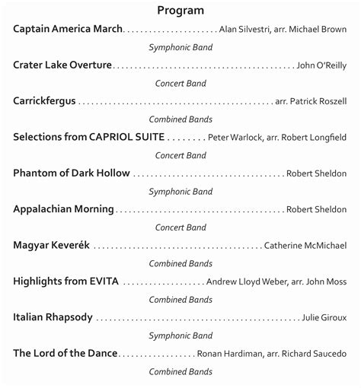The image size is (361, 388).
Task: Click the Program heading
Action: [x=180, y=10]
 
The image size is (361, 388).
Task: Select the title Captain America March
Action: [x=68, y=29]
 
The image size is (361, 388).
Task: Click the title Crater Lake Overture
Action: [x=62, y=65]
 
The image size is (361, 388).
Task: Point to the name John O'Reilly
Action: [x=321, y=65]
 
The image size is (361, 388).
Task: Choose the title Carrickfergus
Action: [x=44, y=101]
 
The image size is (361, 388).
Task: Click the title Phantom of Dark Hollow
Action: [x=72, y=173]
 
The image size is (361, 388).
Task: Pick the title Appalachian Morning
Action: [x=63, y=209]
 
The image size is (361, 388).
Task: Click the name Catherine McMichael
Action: [x=305, y=246]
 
